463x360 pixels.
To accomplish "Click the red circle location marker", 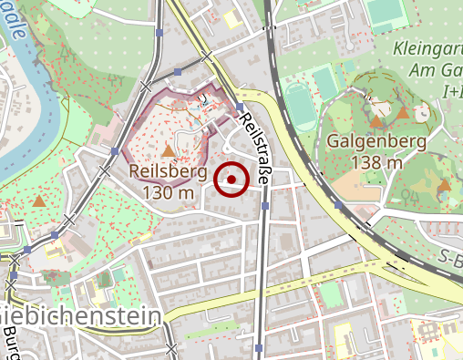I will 231,179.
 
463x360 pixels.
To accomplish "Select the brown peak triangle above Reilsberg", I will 168,150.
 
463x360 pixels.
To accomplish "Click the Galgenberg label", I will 376,142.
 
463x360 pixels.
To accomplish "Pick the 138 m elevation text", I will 376,163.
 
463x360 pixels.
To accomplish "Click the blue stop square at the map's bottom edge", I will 260,348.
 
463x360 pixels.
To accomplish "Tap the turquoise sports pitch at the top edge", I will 386,11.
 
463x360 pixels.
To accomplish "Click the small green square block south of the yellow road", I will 329,293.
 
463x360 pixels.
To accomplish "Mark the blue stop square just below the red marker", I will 265,206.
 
